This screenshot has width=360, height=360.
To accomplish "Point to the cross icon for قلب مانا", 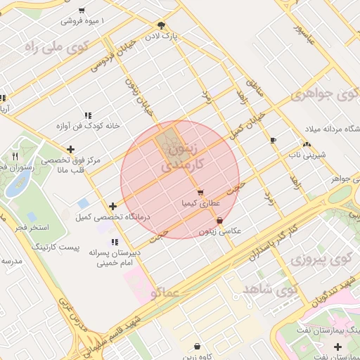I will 70,149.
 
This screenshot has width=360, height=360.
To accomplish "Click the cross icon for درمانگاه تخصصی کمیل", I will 113,206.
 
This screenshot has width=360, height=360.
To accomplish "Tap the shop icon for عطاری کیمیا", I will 200,192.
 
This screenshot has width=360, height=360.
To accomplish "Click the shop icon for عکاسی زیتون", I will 220,220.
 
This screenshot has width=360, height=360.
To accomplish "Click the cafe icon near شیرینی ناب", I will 273,141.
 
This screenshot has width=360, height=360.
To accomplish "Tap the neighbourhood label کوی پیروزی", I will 320,259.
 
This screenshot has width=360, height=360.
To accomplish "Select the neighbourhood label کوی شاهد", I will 270,289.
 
